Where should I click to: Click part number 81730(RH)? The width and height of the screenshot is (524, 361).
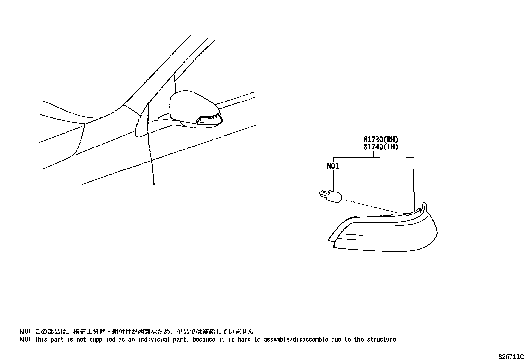tap(381, 140)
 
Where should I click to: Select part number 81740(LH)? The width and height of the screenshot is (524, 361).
tap(381, 147)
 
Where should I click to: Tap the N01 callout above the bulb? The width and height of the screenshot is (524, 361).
tap(333, 166)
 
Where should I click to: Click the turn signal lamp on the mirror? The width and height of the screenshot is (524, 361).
tap(208, 120)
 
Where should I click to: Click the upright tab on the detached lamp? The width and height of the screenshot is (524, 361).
tap(425, 207)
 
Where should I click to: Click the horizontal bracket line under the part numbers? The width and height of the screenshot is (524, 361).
tap(374, 158)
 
